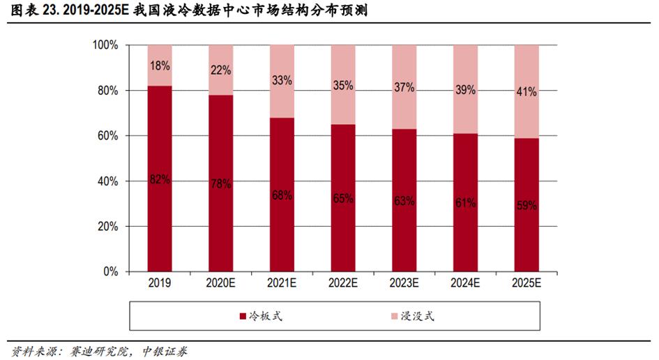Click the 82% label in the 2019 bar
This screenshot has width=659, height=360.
click(160, 179)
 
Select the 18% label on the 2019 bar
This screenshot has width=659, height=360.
click(160, 65)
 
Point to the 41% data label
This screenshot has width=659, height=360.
click(527, 91)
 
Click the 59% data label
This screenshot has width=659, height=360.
click(527, 205)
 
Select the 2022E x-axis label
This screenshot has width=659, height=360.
click(343, 283)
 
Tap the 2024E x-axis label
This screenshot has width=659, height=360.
click(465, 283)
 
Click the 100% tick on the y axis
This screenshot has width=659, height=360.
click(106, 45)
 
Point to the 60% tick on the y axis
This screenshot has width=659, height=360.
click(109, 136)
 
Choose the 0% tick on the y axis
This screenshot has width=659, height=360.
click(112, 272)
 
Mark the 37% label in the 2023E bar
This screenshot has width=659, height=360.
click(404, 87)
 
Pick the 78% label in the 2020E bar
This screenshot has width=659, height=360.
click(220, 183)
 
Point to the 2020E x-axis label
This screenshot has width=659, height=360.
click(220, 283)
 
